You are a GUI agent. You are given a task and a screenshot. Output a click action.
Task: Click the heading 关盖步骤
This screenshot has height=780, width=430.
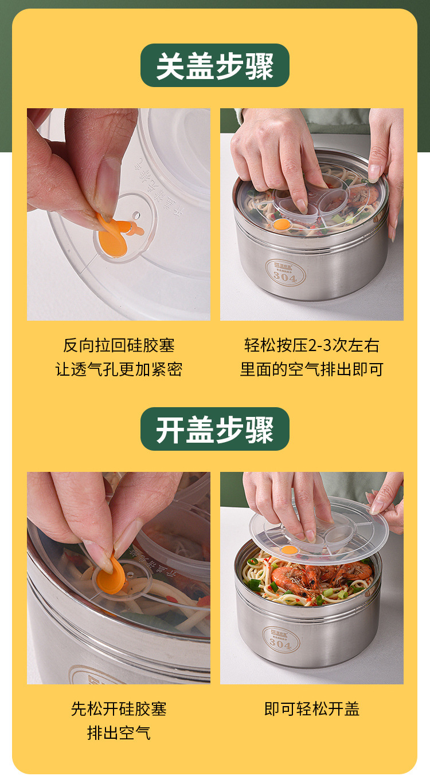[x=215, y=66]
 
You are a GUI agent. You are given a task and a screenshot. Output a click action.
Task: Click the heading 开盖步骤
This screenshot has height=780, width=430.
[x=215, y=430]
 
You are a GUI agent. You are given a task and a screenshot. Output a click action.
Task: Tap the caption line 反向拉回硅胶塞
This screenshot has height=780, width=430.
[x=119, y=345]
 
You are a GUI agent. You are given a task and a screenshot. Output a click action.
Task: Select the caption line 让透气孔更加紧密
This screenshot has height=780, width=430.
[x=119, y=369]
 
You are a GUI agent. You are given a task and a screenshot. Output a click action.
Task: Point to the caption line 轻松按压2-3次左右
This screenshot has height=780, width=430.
[x=311, y=345]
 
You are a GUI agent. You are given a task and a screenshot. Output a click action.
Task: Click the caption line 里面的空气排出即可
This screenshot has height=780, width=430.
[x=311, y=369]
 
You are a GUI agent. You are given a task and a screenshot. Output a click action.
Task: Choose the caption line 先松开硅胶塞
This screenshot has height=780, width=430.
[x=119, y=709]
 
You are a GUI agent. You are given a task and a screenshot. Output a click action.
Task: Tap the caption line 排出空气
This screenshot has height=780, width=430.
[x=119, y=732]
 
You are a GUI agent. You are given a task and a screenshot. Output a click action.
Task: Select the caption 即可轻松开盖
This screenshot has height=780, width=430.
[x=311, y=709]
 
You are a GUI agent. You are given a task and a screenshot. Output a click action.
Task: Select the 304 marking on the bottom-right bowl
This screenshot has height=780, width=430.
[x=280, y=644]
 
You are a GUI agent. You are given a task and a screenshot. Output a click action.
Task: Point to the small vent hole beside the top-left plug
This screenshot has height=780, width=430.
[x=136, y=215]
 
